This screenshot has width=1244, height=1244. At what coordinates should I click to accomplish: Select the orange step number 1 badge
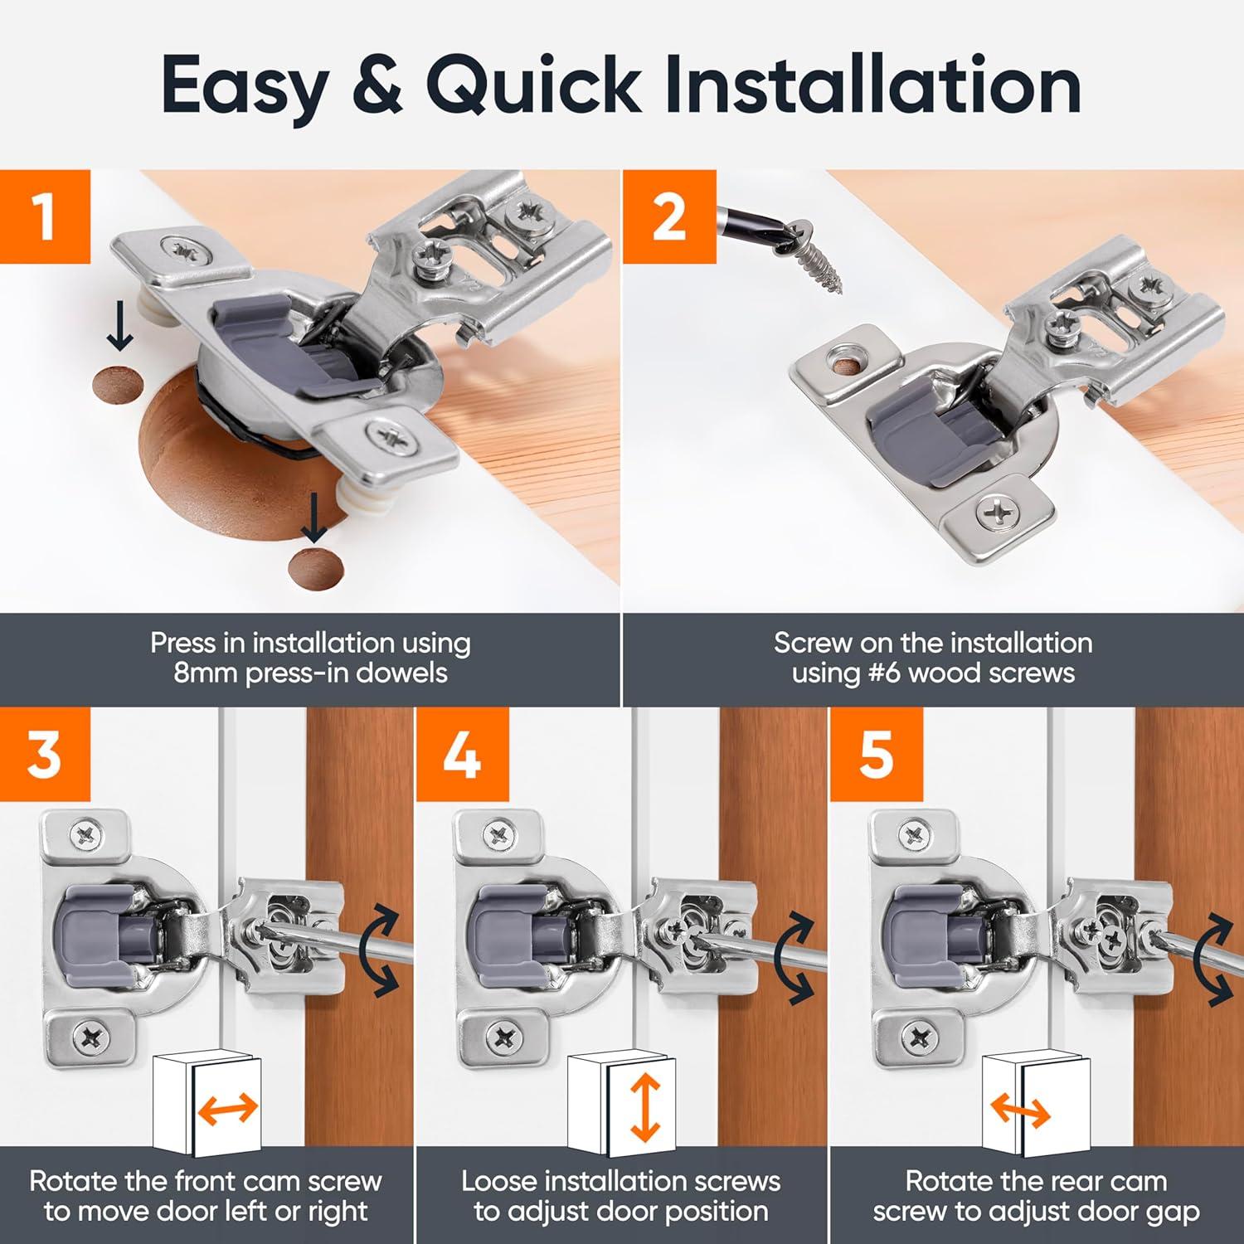45,216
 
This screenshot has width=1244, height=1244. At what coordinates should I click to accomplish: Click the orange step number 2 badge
668,216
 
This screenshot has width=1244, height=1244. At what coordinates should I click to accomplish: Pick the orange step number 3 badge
45,754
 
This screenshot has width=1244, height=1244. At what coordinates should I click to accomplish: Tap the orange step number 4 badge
461,754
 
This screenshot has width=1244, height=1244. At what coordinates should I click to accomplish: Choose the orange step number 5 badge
876,754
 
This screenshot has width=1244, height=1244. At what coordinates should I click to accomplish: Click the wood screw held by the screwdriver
817,253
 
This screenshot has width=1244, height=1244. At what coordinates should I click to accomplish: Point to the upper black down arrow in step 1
120,328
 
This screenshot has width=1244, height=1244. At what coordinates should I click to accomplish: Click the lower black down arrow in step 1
314,518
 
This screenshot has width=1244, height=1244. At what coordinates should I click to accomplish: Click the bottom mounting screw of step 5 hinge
918,1037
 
